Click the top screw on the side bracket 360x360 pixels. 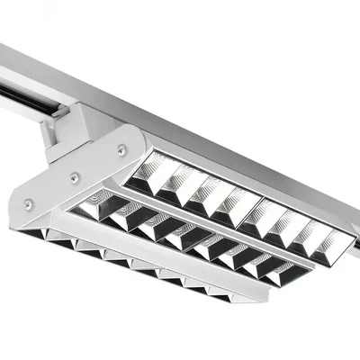click(x=121, y=150)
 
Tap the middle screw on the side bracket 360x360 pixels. click(x=75, y=178)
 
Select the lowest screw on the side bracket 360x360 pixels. click(x=29, y=206)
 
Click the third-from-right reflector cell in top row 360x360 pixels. click(x=285, y=225)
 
